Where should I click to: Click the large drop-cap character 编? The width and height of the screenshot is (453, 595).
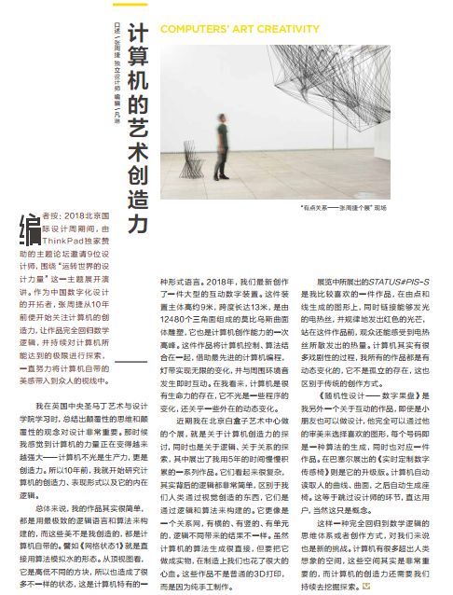pos(30,228)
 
